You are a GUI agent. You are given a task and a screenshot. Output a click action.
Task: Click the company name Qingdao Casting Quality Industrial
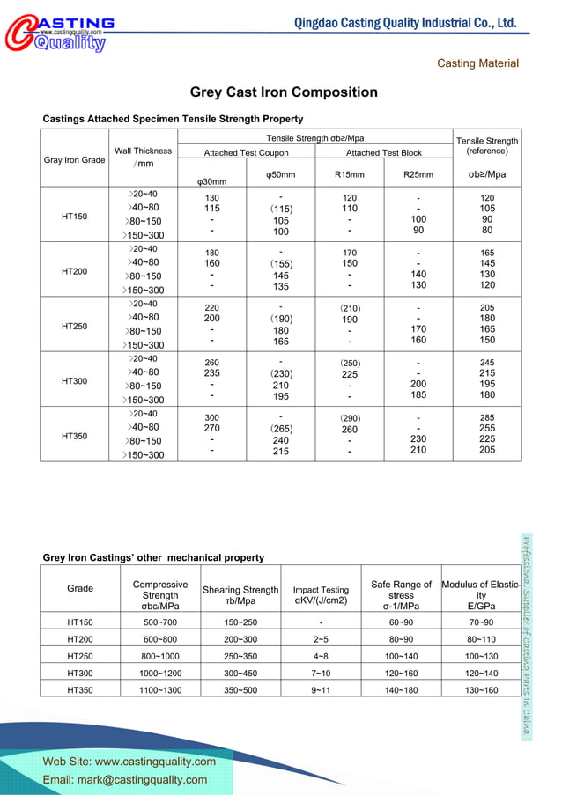pyautogui.click(x=405, y=22)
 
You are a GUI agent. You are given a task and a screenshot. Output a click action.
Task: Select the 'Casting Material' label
pyautogui.click(x=477, y=63)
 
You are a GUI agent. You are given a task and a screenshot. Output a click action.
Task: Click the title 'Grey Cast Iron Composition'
pyautogui.click(x=284, y=92)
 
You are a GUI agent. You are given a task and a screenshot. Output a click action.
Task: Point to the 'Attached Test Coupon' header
pyautogui.click(x=246, y=153)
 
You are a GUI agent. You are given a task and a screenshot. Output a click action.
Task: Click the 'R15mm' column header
pyautogui.click(x=350, y=174)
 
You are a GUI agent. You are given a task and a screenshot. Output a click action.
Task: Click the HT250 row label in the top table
pyautogui.click(x=74, y=326)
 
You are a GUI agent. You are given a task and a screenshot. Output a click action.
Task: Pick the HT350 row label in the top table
pyautogui.click(x=74, y=436)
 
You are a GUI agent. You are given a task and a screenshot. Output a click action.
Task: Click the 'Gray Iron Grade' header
pyautogui.click(x=74, y=160)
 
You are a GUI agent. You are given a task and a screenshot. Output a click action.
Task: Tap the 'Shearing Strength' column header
pyautogui.click(x=240, y=595)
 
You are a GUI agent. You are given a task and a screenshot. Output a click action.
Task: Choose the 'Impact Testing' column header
pyautogui.click(x=321, y=595)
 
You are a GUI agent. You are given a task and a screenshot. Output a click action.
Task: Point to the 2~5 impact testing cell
pyautogui.click(x=321, y=639)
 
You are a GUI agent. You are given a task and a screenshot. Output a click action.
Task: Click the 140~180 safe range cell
pyautogui.click(x=401, y=689)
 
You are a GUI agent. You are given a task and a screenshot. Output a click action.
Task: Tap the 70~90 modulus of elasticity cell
pyautogui.click(x=481, y=622)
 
